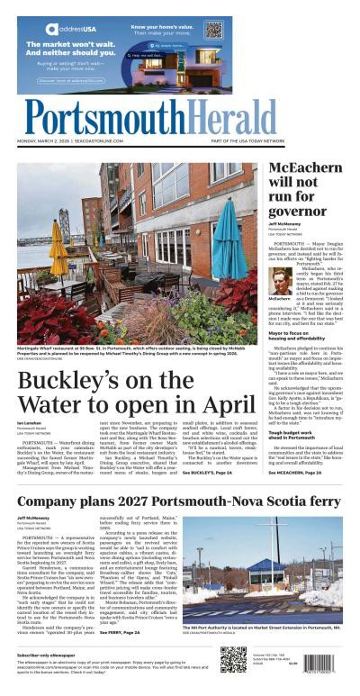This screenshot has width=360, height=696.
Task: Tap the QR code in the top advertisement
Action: pos(212,30)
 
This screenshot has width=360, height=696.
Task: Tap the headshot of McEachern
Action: pos(282,282)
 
